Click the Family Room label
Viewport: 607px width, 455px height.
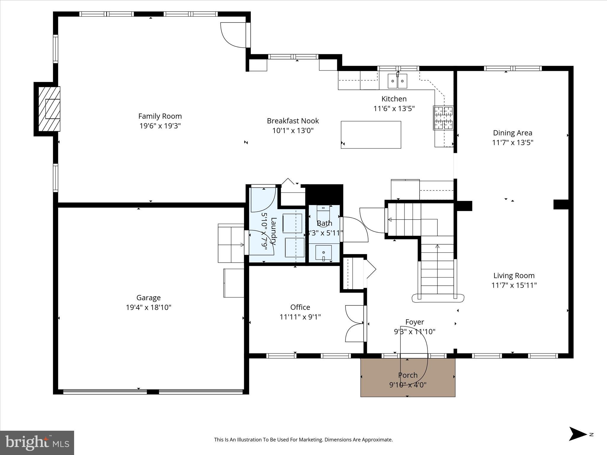coord(160,116)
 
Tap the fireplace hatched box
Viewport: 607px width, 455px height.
coord(49,109)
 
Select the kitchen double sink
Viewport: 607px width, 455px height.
coord(397,81)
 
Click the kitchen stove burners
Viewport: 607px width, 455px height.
coord(443,118)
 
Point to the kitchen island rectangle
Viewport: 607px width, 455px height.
coord(371,135)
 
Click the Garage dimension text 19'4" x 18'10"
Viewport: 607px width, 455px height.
coord(148,307)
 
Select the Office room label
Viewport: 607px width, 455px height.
coord(300,307)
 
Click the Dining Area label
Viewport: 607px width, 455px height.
coord(512,133)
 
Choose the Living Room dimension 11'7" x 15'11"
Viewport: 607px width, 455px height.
coord(514,285)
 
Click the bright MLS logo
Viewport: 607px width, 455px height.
coord(37,443)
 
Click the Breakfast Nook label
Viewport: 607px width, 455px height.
coord(293,121)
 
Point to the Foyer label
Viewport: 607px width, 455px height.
coord(414,322)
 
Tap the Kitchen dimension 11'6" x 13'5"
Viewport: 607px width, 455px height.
coord(394,108)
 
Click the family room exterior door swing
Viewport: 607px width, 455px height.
coord(233,35)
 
